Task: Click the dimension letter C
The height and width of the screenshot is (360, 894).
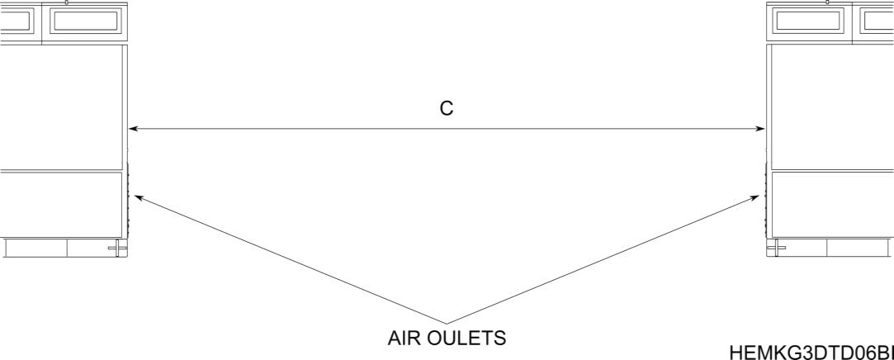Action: tap(446, 110)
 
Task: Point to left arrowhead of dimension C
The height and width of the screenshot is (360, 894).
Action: tap(133, 129)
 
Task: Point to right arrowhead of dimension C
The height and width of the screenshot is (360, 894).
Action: tap(761, 129)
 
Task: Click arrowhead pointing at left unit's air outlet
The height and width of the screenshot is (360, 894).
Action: tap(138, 197)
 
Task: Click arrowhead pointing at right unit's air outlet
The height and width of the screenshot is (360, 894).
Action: tap(756, 197)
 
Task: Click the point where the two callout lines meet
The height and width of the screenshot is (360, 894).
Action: tap(447, 323)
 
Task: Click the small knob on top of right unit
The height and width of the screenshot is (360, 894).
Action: tap(827, 2)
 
